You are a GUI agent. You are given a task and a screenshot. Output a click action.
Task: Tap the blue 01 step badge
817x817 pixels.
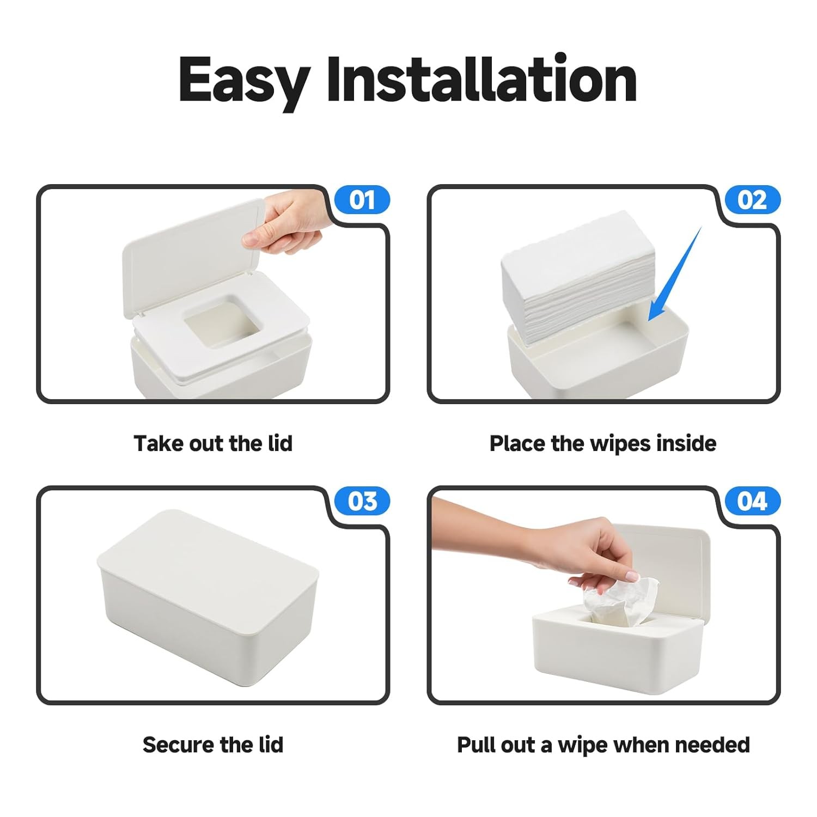[362, 200]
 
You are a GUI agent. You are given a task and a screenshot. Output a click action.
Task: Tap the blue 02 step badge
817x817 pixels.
[752, 200]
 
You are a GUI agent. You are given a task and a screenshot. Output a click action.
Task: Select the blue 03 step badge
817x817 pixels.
[362, 501]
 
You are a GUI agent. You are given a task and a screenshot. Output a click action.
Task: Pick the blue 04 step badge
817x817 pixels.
[752, 501]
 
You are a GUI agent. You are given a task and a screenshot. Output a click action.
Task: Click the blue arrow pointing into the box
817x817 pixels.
[674, 275]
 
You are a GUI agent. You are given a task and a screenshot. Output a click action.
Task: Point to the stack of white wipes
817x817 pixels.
[578, 278]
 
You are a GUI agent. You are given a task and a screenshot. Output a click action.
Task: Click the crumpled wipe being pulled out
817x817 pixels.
[621, 605]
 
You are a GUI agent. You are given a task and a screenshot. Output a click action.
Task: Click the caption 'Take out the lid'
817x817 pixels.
[213, 443]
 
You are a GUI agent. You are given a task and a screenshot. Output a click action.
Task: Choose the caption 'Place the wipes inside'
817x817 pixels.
[602, 443]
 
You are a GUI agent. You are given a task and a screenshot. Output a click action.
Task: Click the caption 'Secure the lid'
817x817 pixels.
[213, 745]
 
